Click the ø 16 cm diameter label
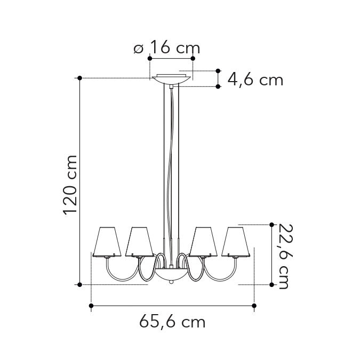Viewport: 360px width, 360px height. (x=166, y=49)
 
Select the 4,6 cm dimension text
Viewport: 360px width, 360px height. (x=255, y=80)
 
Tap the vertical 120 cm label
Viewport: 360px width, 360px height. (x=70, y=185)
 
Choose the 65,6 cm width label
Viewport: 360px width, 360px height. (x=172, y=322)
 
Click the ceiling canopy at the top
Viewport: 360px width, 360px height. (x=171, y=80)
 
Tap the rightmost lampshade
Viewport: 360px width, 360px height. (x=235, y=241)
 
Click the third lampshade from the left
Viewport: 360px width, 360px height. (x=203, y=241)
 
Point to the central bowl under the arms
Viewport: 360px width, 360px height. (x=171, y=274)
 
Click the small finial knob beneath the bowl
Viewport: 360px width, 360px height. (x=171, y=283)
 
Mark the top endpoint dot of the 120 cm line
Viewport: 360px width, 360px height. (x=79, y=78)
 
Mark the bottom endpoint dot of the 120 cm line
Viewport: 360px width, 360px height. (x=79, y=284)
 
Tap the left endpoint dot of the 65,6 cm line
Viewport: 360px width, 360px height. (x=91, y=306)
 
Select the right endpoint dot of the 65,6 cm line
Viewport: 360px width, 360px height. (x=254, y=306)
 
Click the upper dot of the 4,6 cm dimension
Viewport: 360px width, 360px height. (x=218, y=70)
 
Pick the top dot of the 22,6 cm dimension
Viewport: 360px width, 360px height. (x=273, y=225)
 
